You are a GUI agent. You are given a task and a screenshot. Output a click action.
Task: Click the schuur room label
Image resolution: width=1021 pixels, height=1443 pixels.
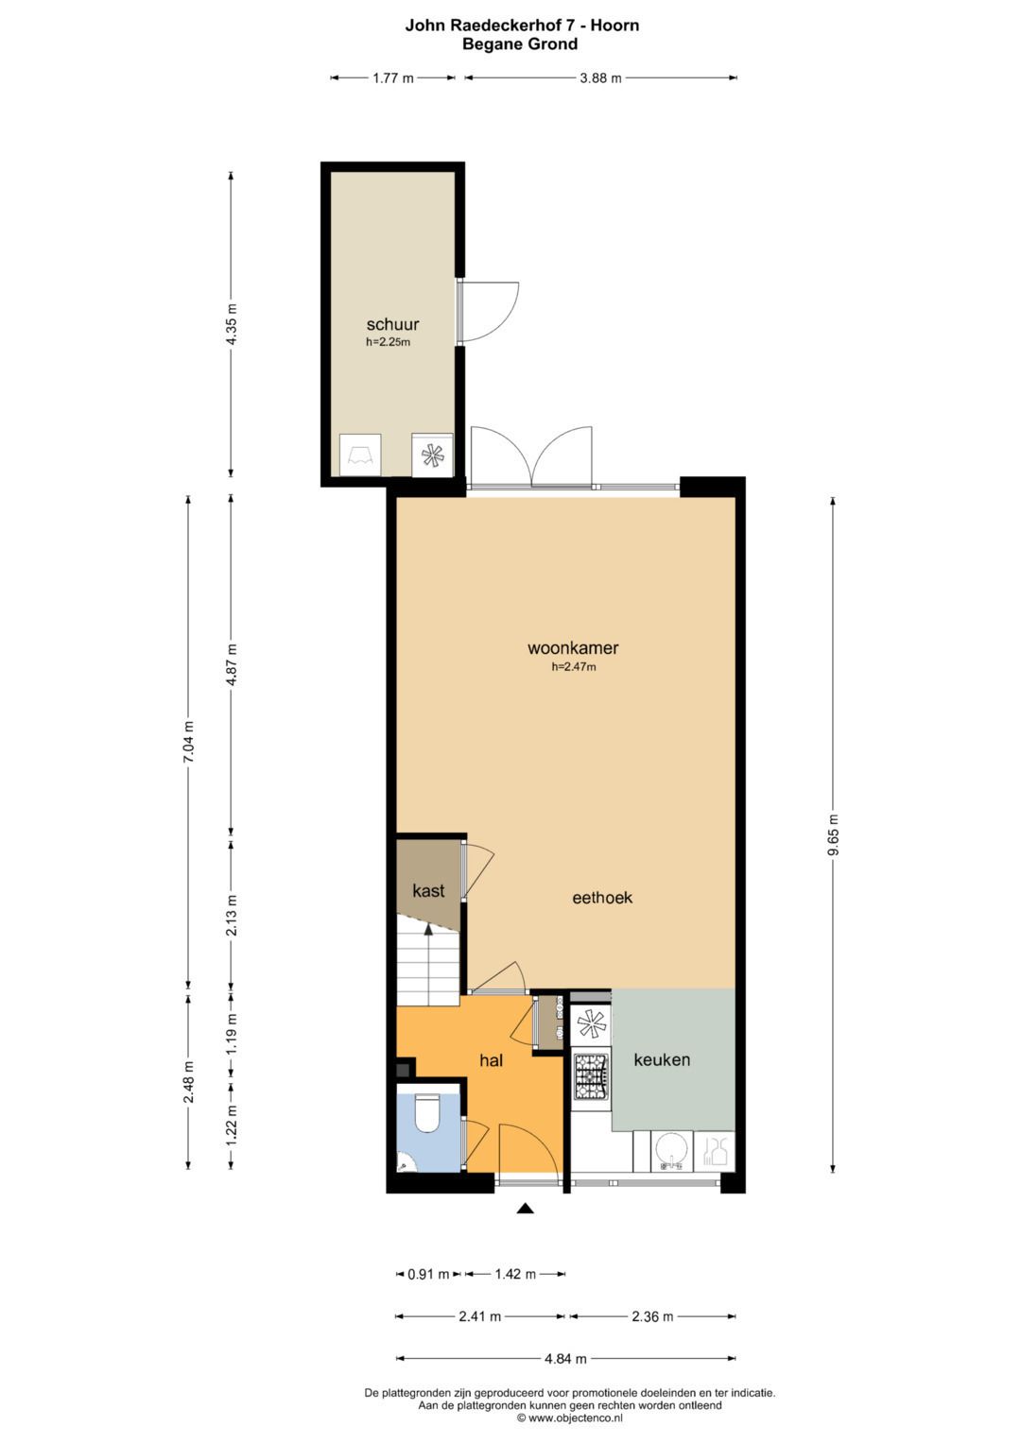click(392, 324)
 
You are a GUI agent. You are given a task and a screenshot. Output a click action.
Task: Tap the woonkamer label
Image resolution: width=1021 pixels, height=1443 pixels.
click(573, 647)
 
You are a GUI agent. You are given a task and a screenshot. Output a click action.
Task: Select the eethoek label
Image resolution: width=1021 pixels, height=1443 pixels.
click(602, 898)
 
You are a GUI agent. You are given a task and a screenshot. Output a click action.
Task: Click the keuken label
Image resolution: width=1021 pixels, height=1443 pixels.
click(662, 1059)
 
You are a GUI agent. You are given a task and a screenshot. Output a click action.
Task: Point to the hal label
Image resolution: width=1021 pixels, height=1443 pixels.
click(492, 1060)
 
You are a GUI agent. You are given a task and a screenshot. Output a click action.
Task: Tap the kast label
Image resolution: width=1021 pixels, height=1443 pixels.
click(428, 891)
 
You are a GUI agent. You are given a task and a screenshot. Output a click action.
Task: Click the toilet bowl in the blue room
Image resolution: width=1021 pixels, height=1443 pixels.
click(426, 1114)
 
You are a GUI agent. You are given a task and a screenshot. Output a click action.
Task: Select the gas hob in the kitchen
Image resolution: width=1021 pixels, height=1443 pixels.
click(592, 1075)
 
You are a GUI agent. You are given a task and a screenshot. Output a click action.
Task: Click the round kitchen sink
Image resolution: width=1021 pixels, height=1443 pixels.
click(671, 1152)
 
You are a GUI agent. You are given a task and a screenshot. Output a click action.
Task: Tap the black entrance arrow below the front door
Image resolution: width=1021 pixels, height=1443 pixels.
click(526, 1209)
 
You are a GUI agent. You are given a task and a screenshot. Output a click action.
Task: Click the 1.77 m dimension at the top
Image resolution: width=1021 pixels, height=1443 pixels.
click(392, 78)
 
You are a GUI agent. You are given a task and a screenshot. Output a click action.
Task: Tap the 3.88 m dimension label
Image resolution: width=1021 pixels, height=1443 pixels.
click(600, 78)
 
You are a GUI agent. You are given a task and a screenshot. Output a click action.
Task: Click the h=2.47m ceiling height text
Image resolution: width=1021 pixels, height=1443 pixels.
click(573, 667)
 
